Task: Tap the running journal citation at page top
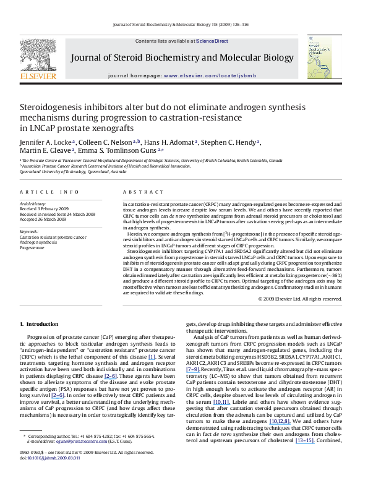click(x=184, y=25)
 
